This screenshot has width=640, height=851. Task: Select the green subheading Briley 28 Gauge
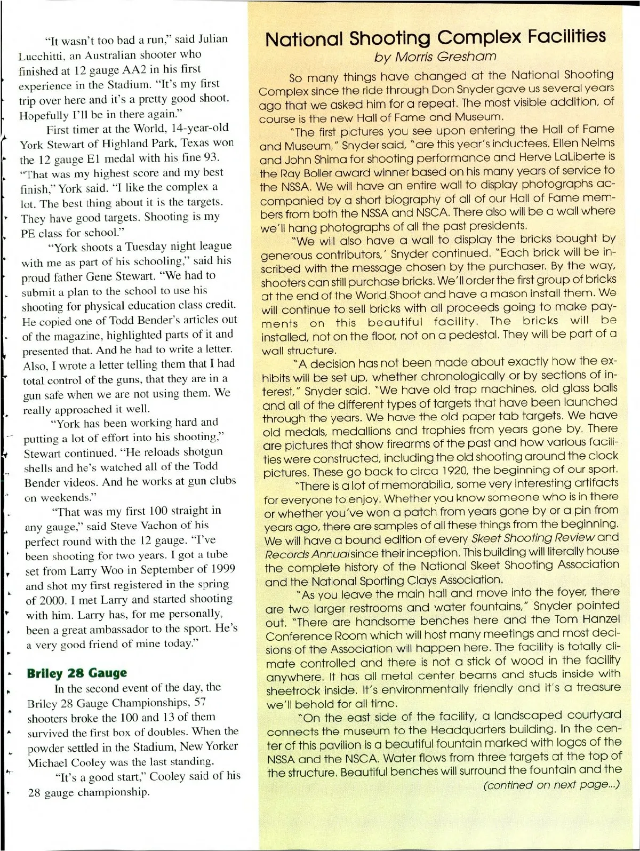[77, 673]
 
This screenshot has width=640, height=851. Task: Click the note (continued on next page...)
[551, 785]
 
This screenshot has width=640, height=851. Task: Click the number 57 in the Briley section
[201, 702]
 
